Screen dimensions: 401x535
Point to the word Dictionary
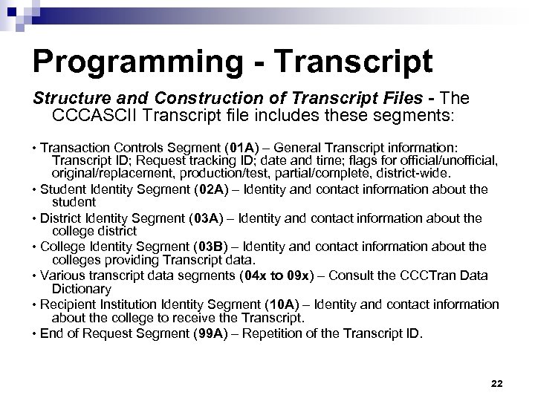[82, 288]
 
